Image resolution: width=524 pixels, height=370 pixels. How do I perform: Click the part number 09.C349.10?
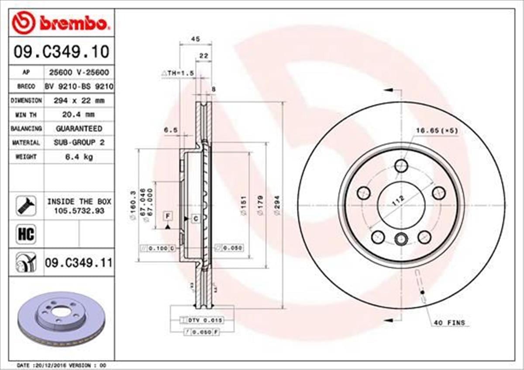(61, 52)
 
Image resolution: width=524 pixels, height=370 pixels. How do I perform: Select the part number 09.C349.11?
(78, 263)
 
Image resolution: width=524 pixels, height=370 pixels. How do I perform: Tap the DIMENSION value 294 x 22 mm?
(79, 100)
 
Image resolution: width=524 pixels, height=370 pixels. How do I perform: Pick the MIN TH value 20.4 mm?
(79, 114)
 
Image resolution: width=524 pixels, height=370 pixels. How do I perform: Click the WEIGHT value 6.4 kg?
(79, 157)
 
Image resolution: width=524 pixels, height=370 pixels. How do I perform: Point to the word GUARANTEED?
(79, 129)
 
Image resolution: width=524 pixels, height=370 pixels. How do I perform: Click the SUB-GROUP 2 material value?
(79, 143)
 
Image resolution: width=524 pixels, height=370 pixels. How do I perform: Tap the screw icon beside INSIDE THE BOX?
(26, 205)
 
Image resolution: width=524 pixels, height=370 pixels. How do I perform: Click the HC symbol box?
(26, 234)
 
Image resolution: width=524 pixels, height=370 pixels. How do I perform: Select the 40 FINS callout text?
(449, 323)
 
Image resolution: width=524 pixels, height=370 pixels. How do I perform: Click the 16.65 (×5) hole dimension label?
(436, 130)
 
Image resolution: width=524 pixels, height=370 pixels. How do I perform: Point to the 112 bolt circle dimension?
(398, 202)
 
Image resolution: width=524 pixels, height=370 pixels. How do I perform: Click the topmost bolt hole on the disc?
(401, 166)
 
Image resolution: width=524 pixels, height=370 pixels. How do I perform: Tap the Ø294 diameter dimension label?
(276, 205)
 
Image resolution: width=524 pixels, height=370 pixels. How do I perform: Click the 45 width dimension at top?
(196, 39)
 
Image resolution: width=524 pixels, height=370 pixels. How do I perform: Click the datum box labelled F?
(167, 215)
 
